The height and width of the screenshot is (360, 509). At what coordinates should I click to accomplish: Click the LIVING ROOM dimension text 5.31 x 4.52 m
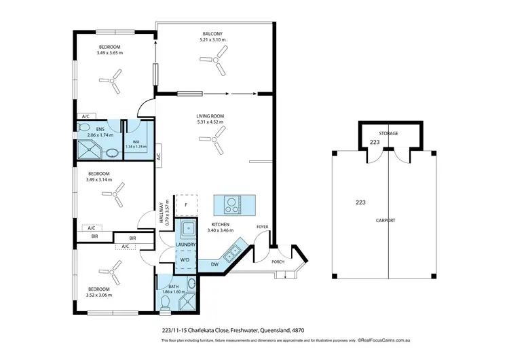tap(210, 122)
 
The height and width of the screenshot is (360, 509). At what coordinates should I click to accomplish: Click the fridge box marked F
tap(186, 204)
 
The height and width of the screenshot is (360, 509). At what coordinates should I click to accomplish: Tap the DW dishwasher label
tap(214, 264)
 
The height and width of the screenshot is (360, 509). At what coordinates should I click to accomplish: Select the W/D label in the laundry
tap(185, 259)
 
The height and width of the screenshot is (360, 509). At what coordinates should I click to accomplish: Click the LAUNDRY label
tap(185, 245)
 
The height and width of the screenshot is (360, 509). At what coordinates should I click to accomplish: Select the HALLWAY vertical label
tap(163, 212)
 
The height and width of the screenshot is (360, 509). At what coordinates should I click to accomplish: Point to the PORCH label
tap(278, 261)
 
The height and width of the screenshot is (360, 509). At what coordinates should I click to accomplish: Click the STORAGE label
tap(389, 133)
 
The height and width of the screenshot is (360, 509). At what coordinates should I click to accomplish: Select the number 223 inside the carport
tap(360, 202)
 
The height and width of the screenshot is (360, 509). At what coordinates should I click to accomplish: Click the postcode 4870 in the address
tap(297, 330)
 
